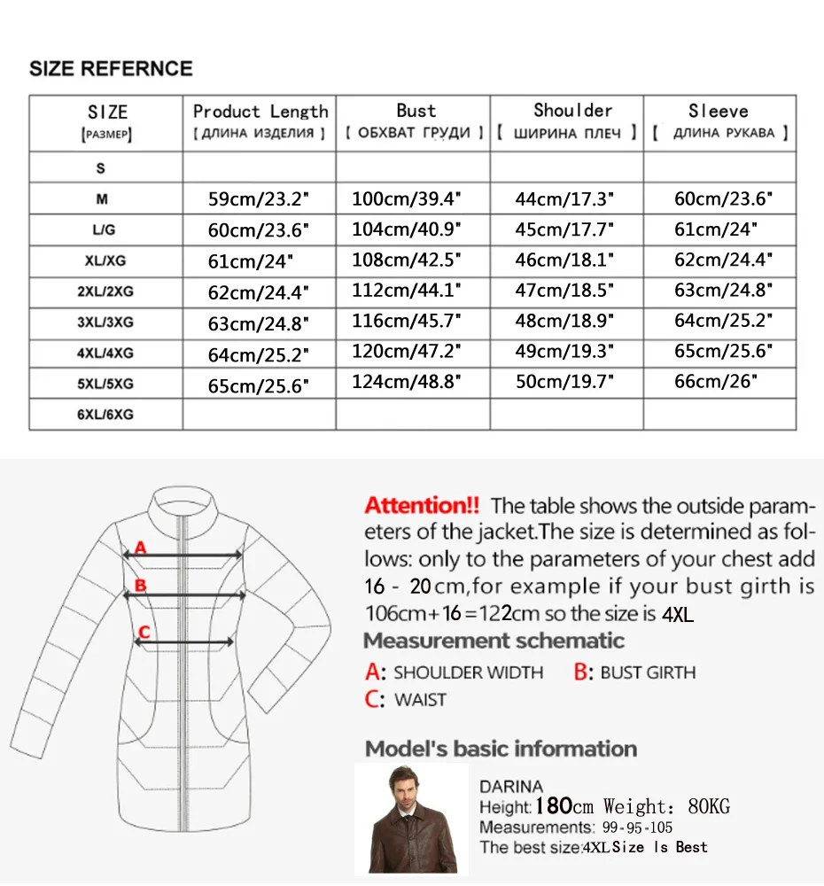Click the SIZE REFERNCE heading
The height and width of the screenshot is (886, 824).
[111, 68]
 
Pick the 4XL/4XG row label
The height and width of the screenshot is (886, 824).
[105, 353]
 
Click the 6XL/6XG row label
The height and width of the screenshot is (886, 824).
[105, 414]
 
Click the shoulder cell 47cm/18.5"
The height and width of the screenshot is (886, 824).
[564, 291]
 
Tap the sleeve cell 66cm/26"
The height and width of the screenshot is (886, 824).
[716, 384]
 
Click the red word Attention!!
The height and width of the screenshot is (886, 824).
[422, 506]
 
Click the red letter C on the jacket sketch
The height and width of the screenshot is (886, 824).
[144, 632]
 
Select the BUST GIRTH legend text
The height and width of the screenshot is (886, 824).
[648, 673]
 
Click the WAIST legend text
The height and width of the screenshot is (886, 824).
[420, 700]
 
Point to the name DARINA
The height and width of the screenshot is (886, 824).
[511, 787]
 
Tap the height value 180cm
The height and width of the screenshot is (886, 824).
[565, 806]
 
